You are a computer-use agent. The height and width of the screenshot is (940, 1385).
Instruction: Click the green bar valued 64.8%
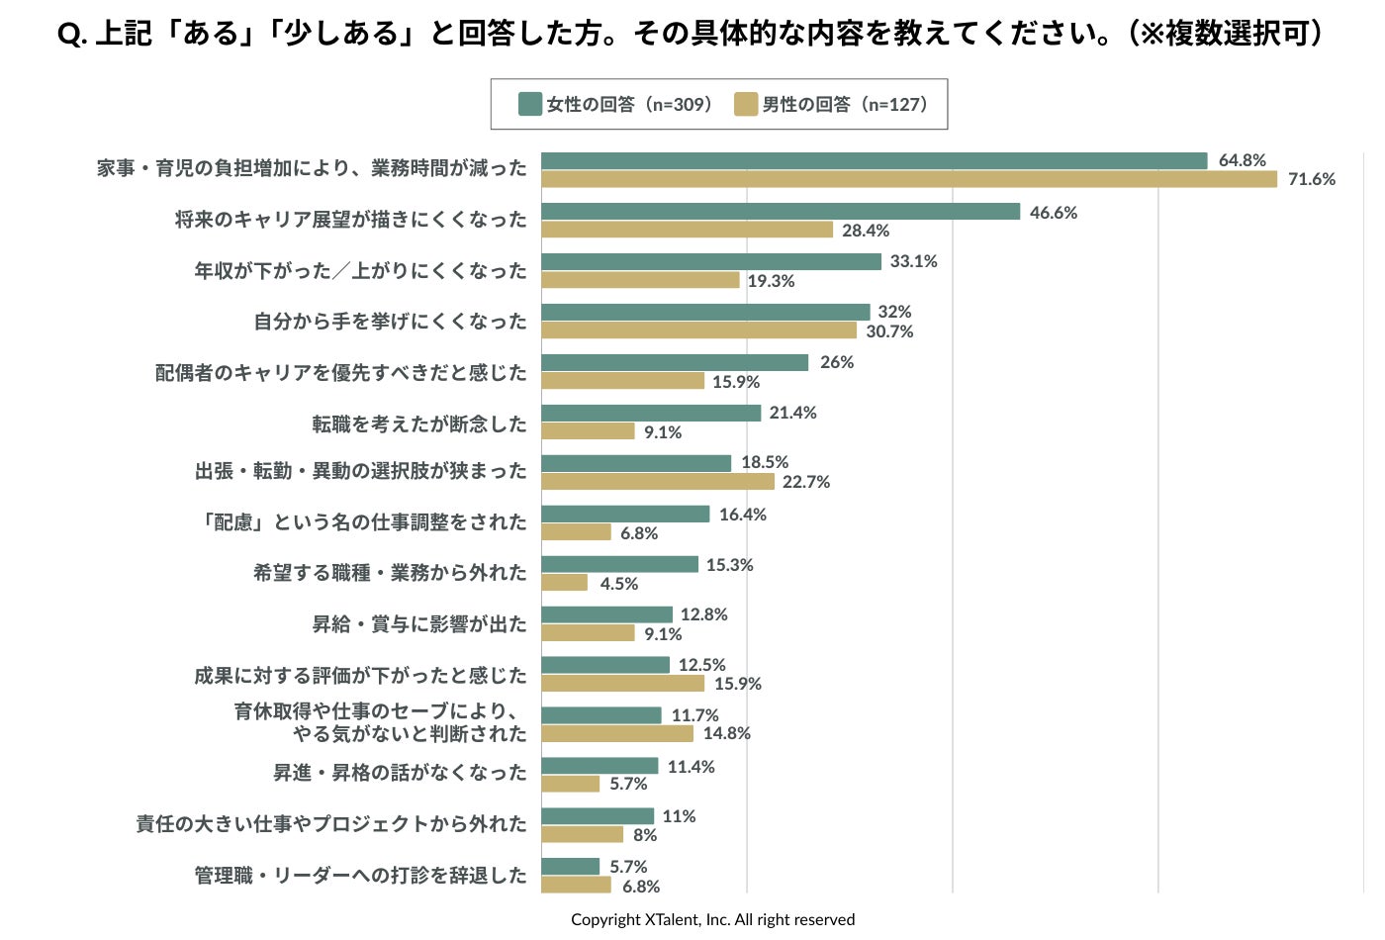pos(875,160)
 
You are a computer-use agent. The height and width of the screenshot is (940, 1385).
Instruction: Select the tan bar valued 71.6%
pos(909,179)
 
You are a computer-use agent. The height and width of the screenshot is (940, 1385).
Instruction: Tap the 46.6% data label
pos(1053,213)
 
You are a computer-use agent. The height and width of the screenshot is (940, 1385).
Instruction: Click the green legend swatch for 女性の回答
pos(529,104)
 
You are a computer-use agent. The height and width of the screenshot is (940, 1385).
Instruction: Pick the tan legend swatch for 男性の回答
pos(745,104)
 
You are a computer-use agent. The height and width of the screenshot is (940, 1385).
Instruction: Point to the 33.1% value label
pos(913,261)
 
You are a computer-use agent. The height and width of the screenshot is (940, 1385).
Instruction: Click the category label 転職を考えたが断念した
pos(419,423)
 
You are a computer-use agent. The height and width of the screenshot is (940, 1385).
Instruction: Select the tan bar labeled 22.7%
pos(658,482)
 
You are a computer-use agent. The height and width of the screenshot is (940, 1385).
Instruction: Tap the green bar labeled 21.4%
pos(651,413)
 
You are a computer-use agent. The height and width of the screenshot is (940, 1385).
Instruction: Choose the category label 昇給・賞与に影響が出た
pos(419,624)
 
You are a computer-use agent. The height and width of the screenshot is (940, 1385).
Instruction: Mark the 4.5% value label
pos(618,584)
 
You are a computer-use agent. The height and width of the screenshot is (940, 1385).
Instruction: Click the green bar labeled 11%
pos(598,816)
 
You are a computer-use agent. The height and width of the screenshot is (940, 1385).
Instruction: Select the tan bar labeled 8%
pos(583,835)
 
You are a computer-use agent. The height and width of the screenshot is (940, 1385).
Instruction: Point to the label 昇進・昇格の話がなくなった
pos(400,773)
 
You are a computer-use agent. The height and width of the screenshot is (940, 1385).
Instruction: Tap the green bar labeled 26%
pos(675,362)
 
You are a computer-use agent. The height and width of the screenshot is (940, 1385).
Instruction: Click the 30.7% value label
pos(889,331)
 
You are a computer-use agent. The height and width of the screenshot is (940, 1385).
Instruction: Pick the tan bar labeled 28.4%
pos(688,230)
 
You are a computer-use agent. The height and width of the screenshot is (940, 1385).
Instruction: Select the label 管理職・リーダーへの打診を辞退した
pos(360,875)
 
